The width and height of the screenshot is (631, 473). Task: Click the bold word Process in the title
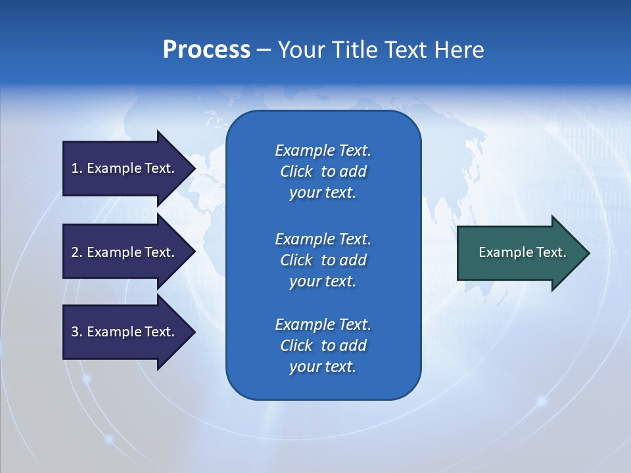[x=206, y=50]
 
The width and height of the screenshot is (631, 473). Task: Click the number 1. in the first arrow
[x=76, y=168]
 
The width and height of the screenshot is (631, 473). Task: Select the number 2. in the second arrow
[x=76, y=252]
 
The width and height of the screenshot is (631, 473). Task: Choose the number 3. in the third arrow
[x=76, y=332]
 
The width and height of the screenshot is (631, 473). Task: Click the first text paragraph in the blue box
[x=323, y=171]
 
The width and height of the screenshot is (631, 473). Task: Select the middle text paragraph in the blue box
[x=323, y=260]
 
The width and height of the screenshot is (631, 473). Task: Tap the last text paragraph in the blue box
[x=323, y=346]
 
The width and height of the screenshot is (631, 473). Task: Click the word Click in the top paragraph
[x=296, y=171]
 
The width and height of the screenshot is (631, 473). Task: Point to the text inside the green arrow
[x=522, y=252]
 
